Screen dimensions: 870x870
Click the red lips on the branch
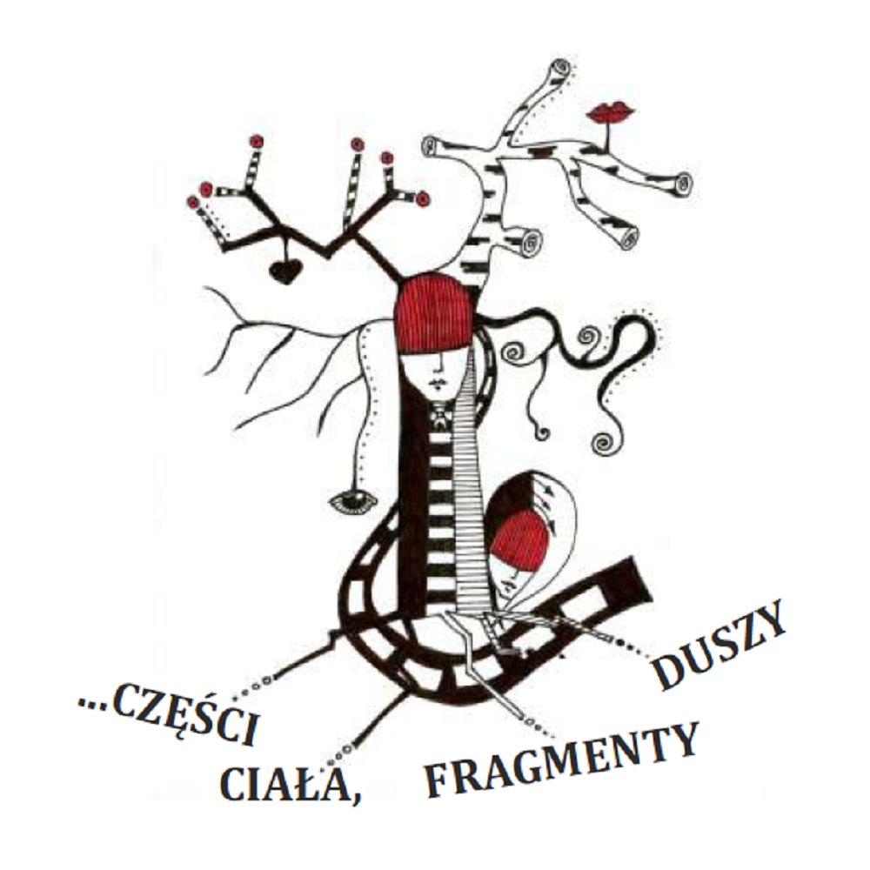[610, 113]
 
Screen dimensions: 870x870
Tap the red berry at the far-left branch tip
[194, 202]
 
